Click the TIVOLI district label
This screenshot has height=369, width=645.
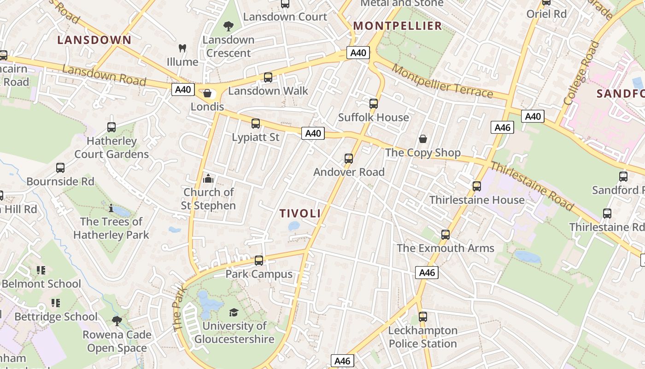pyautogui.click(x=300, y=213)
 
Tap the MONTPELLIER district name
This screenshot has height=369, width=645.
pyautogui.click(x=398, y=26)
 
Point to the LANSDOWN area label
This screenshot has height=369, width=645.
pyautogui.click(x=94, y=40)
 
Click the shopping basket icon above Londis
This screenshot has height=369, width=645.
pyautogui.click(x=208, y=94)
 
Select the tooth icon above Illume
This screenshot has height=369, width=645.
pyautogui.click(x=182, y=48)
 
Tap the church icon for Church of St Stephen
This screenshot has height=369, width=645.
pyautogui.click(x=208, y=179)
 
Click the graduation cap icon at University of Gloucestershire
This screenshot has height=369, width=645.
pyautogui.click(x=234, y=312)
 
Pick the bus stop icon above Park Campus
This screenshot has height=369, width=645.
pyautogui.click(x=259, y=261)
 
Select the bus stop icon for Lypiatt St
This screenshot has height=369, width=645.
pyautogui.click(x=256, y=124)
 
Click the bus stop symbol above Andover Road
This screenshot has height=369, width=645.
pyautogui.click(x=349, y=159)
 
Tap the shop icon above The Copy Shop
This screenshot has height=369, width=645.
pyautogui.click(x=422, y=139)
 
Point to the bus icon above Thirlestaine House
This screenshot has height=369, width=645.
pyautogui.click(x=477, y=186)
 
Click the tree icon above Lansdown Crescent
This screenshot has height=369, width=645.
pyautogui.click(x=228, y=26)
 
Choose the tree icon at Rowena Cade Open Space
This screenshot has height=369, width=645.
pyautogui.click(x=117, y=321)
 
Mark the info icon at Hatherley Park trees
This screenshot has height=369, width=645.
pyautogui.click(x=111, y=208)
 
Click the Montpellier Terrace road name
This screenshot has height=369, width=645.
pyautogui.click(x=442, y=82)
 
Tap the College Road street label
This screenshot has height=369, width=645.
pyautogui.click(x=582, y=73)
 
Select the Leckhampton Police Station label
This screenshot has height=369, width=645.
pyautogui.click(x=422, y=337)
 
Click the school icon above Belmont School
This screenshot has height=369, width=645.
pyautogui.click(x=41, y=270)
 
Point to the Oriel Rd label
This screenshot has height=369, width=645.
pyautogui.click(x=546, y=14)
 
